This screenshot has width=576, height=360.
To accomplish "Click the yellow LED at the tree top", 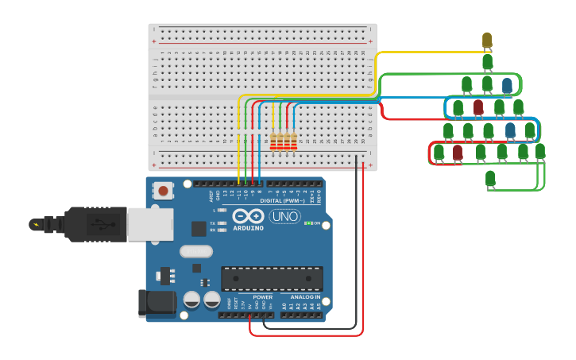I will pos(487,40).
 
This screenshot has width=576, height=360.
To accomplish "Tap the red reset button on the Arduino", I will pos(164,191).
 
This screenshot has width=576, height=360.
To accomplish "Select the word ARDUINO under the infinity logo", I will pos(248,228).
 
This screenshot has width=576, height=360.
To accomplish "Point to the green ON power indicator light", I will pos(307,223).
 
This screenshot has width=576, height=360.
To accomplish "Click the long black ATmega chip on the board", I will pos(273,279).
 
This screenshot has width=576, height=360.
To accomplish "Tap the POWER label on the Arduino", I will pos(262,297).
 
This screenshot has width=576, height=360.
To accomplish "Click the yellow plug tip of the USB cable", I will pos(36,224).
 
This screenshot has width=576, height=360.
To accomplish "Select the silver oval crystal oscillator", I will pos(195,251).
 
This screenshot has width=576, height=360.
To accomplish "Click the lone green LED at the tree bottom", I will pos(490,178).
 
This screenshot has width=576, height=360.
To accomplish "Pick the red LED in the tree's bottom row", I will pos(458,152).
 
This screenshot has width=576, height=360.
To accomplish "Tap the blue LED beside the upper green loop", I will pos(507,85).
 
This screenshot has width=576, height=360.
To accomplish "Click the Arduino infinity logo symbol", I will pos(248,216).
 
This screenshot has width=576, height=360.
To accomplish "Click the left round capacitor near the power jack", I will pos(191,300).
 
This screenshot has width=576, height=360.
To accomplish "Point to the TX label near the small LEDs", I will pos(213,223).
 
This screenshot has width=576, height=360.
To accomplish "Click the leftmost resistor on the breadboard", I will pos(274,141).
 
